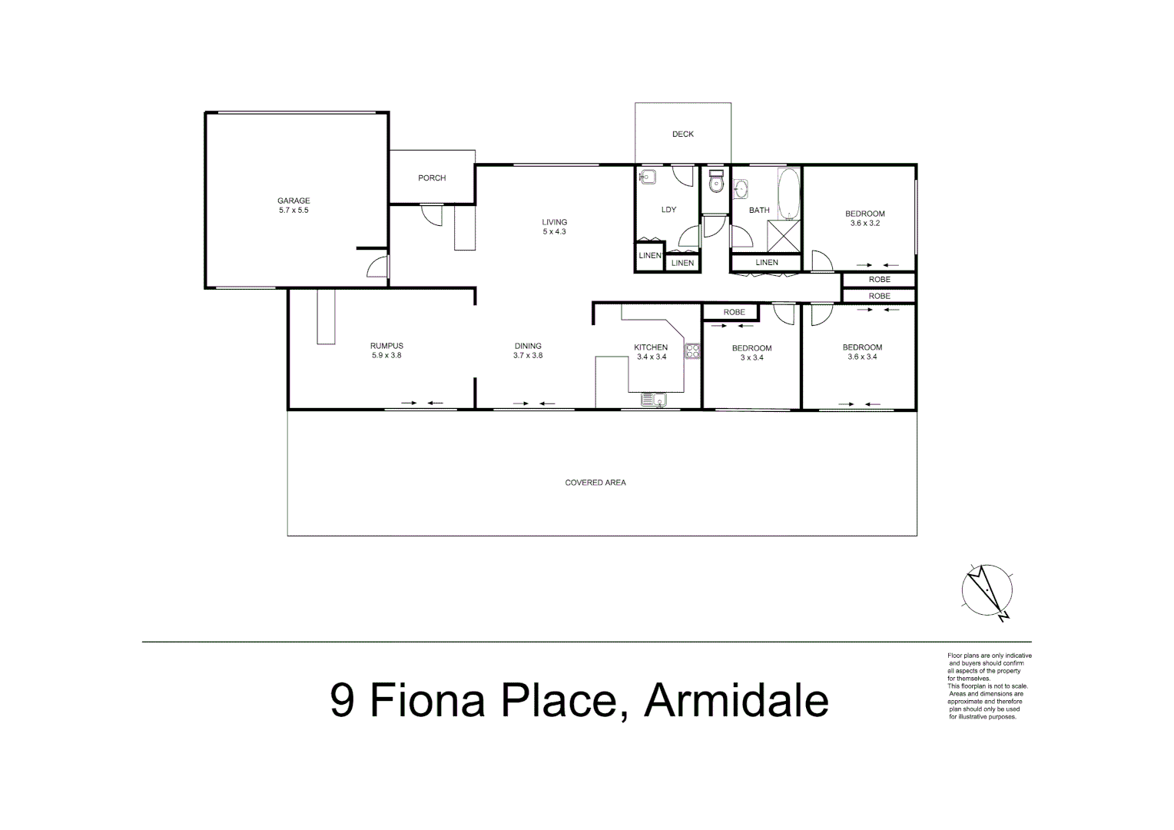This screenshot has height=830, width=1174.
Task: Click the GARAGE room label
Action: tap(294, 201)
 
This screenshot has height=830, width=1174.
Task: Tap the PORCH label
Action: tap(432, 178)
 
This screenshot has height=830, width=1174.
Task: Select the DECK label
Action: tap(682, 134)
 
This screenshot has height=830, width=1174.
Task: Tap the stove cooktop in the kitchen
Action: tap(692, 351)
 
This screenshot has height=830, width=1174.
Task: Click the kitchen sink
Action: tap(654, 399)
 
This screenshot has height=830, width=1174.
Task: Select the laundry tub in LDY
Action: tap(647, 176)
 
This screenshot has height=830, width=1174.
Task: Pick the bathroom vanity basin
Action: tap(741, 189)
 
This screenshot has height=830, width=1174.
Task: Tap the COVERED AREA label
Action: tap(595, 483)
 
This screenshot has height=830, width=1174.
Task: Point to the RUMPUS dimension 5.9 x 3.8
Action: tap(386, 356)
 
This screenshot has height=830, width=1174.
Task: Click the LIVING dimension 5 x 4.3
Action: tap(554, 231)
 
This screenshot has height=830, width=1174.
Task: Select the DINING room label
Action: tap(528, 346)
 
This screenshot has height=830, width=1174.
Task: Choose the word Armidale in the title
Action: tap(736, 700)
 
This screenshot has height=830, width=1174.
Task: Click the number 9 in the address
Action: tap(343, 700)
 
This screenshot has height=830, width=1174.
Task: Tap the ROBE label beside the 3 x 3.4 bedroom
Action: tap(734, 312)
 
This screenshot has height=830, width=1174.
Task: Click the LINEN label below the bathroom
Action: tap(766, 263)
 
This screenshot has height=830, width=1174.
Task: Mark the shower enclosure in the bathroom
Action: tap(784, 236)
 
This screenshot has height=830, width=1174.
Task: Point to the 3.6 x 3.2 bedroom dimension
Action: tap(864, 224)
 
